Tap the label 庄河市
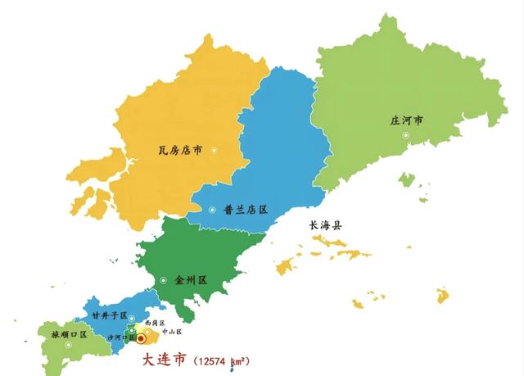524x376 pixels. [x=407, y=121]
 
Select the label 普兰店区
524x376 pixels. [x=245, y=210]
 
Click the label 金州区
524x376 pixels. [x=190, y=280]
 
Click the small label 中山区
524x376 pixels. [x=173, y=332]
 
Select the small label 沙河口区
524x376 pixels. [x=120, y=337]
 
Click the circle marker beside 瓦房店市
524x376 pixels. [x=215, y=150]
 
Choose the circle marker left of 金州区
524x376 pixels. [x=164, y=280]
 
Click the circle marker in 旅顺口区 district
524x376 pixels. [x=69, y=344]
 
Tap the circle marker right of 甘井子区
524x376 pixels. [x=132, y=318]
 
